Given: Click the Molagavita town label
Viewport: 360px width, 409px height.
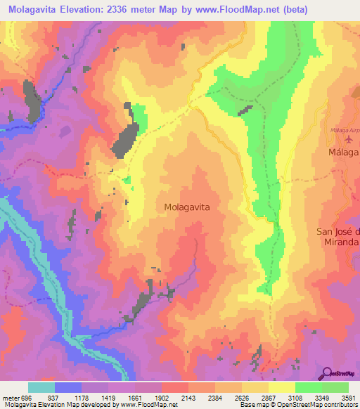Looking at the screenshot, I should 187,207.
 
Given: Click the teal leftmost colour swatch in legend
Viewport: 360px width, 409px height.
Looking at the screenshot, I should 41,387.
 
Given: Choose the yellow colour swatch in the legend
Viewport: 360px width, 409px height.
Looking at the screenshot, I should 281,387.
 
